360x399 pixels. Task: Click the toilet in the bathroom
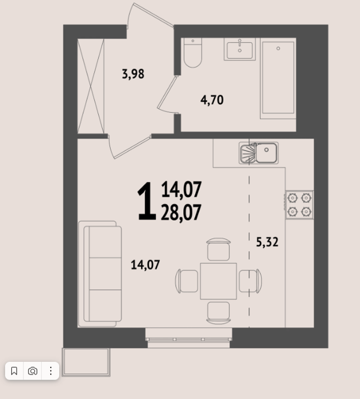[193, 52]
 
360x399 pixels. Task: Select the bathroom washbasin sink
[240, 49]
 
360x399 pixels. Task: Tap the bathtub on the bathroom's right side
[278, 78]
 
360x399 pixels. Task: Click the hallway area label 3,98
[133, 74]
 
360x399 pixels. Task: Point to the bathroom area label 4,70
[212, 100]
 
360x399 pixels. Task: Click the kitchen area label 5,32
[267, 242]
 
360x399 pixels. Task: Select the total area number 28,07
[181, 213]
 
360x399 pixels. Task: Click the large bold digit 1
[147, 201]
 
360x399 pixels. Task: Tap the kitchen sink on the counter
[258, 153]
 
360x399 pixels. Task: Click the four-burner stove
[300, 205]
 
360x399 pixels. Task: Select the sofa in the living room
[100, 274]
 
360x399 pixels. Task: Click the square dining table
[219, 281]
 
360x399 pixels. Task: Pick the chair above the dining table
[219, 250]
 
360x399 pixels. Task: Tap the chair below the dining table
[219, 313]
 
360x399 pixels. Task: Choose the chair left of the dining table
[187, 281]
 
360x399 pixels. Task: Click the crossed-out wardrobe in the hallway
[91, 86]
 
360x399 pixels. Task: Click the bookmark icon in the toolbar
[14, 371]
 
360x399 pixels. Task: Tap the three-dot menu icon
[51, 371]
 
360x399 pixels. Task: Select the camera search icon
[33, 371]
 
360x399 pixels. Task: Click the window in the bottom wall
[188, 338]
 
